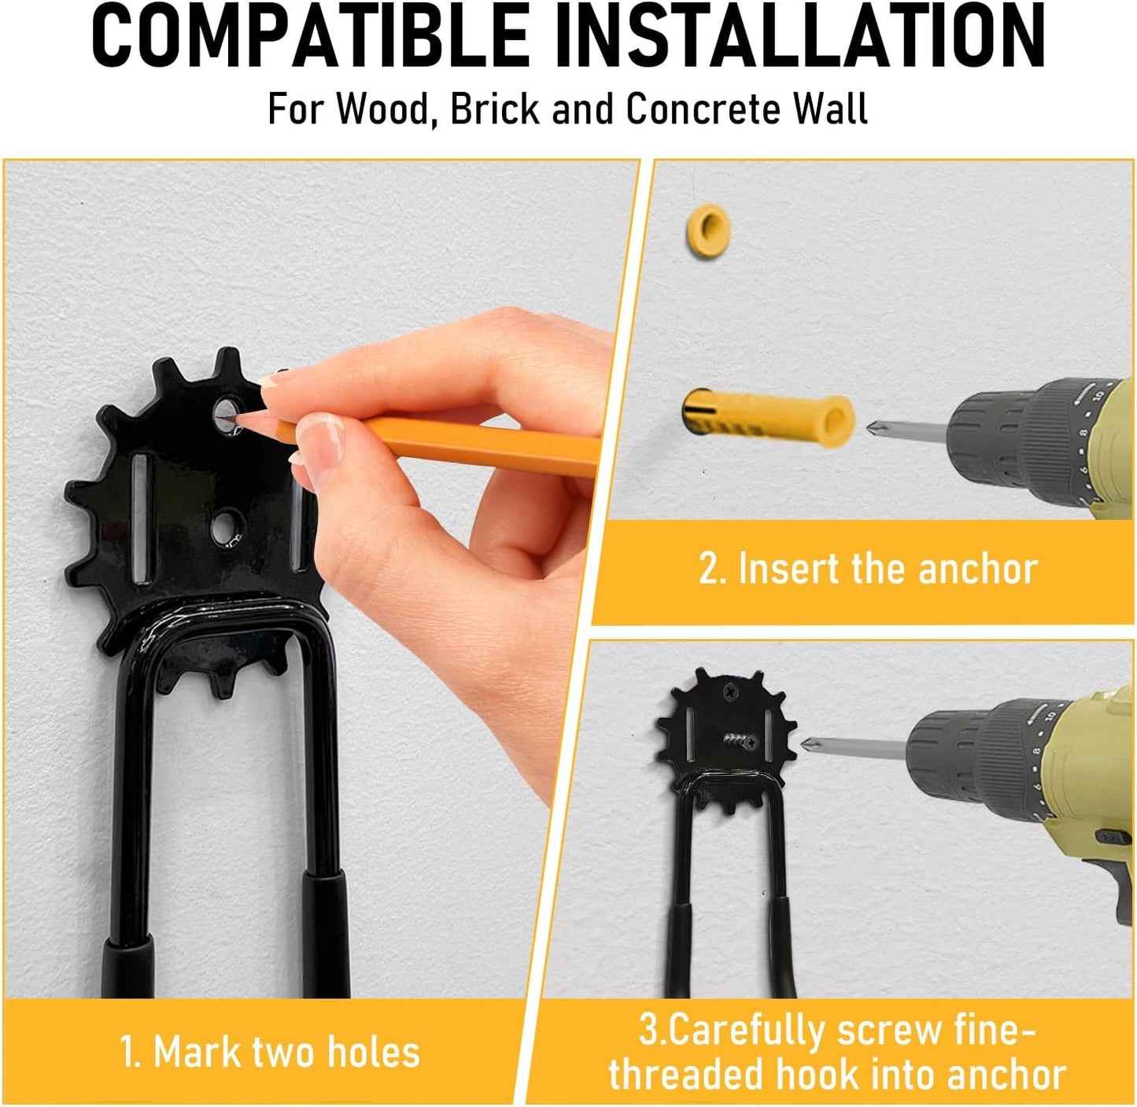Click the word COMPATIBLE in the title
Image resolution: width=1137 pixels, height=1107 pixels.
[x=310, y=37]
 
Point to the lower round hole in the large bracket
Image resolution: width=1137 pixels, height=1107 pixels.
[x=227, y=524]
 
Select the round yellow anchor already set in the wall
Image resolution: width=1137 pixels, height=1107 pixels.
[x=708, y=230]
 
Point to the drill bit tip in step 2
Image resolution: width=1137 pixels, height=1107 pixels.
[x=871, y=429]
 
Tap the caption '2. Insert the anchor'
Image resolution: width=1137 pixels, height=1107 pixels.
[x=867, y=569]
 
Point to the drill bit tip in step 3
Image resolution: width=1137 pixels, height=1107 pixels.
[x=806, y=744]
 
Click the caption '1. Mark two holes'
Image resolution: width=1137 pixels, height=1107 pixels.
[x=270, y=1052]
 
